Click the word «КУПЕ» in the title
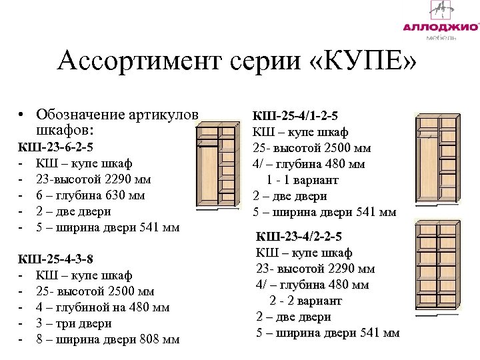[x=363, y=62]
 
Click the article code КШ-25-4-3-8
[x=55, y=259]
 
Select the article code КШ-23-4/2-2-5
[x=299, y=237]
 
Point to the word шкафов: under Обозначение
[x=65, y=130]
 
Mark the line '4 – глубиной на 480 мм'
[x=102, y=307]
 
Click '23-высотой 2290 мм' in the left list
[x=93, y=179]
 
